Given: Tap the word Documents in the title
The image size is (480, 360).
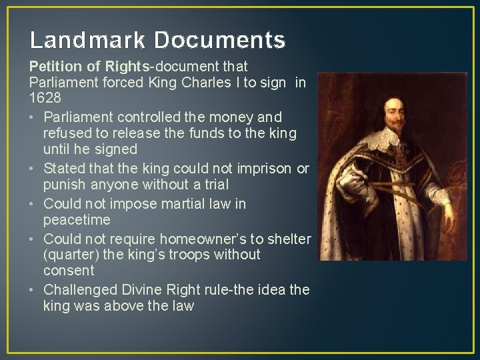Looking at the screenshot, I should pos(220,41).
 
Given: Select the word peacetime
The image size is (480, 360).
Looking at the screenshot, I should pos(77,219).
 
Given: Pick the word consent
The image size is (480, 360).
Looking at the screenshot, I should pos(69,271).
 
